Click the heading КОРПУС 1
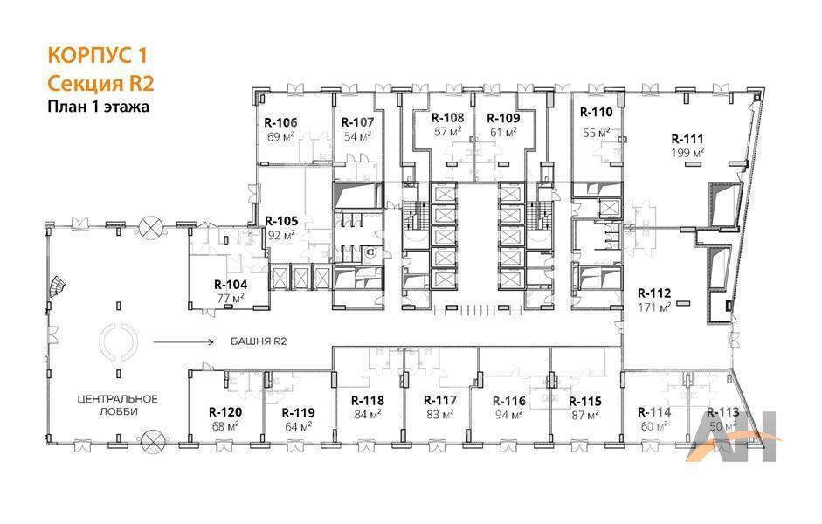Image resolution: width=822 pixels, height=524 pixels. [x=98, y=56]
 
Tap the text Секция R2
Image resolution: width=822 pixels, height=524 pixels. [x=100, y=84]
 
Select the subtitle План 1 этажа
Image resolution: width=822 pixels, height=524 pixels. [x=98, y=107]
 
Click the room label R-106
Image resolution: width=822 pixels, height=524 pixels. [x=280, y=122]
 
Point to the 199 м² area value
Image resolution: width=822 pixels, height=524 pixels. [x=687, y=153]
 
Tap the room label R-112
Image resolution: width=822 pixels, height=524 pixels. [x=654, y=293]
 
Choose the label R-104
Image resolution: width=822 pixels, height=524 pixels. [x=231, y=285]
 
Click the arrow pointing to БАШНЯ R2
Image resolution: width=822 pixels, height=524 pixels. [x=183, y=342]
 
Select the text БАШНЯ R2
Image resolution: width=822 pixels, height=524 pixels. [x=259, y=341]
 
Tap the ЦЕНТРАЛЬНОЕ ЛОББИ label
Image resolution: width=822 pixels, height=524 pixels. [x=117, y=405]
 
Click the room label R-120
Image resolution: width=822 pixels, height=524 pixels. [x=225, y=412]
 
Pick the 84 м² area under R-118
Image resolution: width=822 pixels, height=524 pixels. [x=368, y=414]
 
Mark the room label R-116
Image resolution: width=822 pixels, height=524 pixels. [x=509, y=402]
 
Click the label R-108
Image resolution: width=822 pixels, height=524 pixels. [x=448, y=118]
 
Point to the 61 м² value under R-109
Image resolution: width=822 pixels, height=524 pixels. [x=503, y=132]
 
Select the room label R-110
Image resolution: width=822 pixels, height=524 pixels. [x=596, y=112]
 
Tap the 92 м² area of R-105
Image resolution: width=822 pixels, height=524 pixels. [x=281, y=235]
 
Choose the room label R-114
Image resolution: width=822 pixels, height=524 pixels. [x=654, y=412]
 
